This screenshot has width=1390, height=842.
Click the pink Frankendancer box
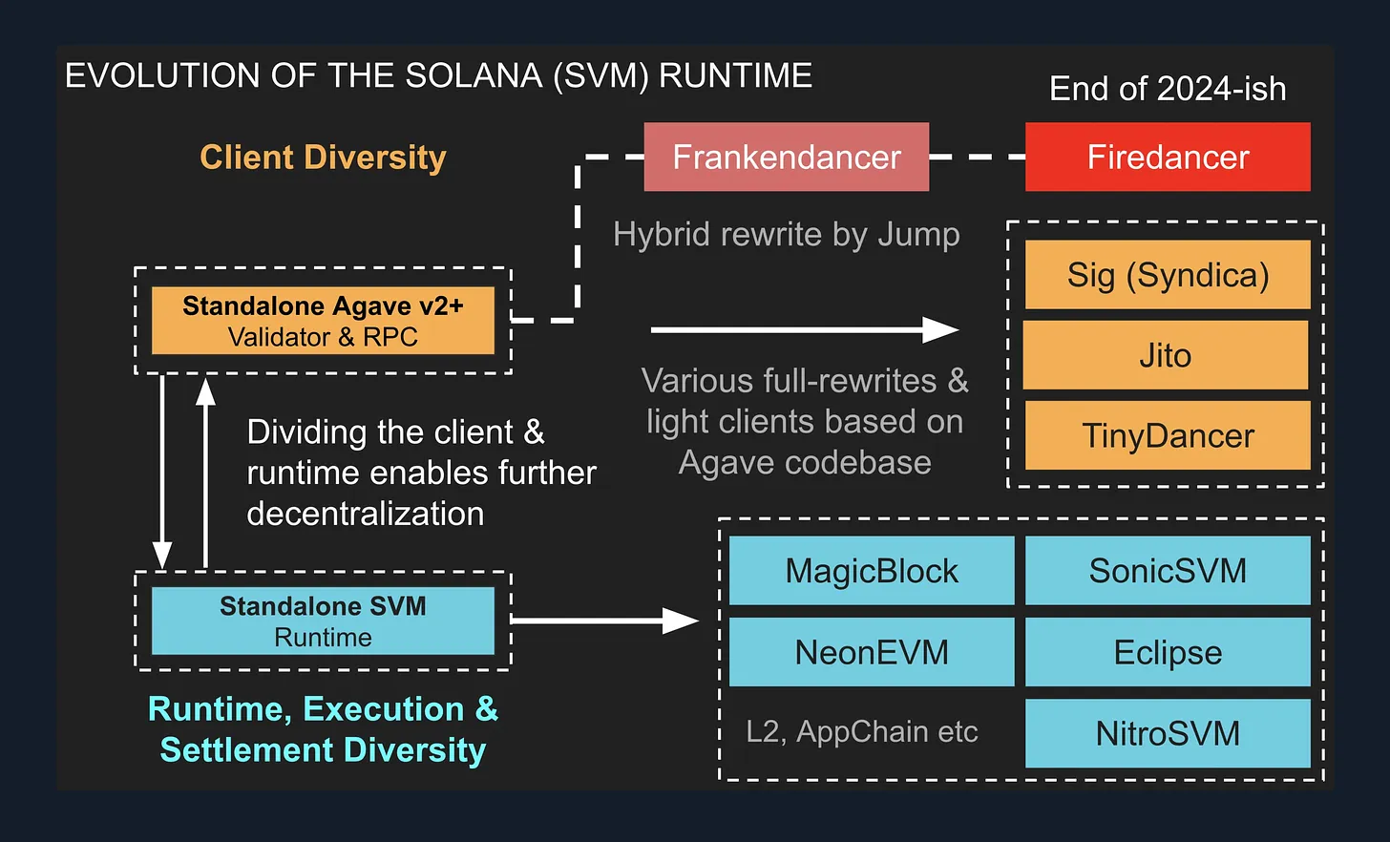pyautogui.click(x=786, y=157)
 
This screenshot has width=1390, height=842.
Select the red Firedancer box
pyautogui.click(x=1168, y=157)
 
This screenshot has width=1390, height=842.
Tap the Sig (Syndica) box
pyautogui.click(x=1168, y=275)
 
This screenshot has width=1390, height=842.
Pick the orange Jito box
pyautogui.click(x=1166, y=355)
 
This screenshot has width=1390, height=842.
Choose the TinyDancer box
pyautogui.click(x=1168, y=435)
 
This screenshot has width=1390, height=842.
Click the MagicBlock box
pyautogui.click(x=872, y=571)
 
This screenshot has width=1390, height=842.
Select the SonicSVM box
pyautogui.click(x=1168, y=571)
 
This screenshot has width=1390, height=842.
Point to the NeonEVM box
pyautogui.click(x=872, y=652)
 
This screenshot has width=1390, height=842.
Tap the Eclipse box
pyautogui.click(x=1168, y=652)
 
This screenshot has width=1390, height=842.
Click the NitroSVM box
pyautogui.click(x=1168, y=733)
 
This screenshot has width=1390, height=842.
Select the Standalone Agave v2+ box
pyautogui.click(x=323, y=321)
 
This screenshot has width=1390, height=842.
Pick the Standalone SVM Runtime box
pyautogui.click(x=323, y=621)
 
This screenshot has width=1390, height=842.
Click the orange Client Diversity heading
pyautogui.click(x=323, y=158)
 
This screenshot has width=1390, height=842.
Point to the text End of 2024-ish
pyautogui.click(x=1168, y=89)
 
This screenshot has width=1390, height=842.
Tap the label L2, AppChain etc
pyautogui.click(x=862, y=731)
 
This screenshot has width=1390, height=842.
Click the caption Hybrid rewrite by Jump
pyautogui.click(x=786, y=234)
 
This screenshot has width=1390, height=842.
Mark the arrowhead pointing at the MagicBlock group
pyautogui.click(x=682, y=621)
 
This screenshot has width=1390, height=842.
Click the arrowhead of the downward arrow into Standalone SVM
pyautogui.click(x=162, y=555)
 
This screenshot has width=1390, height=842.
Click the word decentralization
pyautogui.click(x=365, y=514)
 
